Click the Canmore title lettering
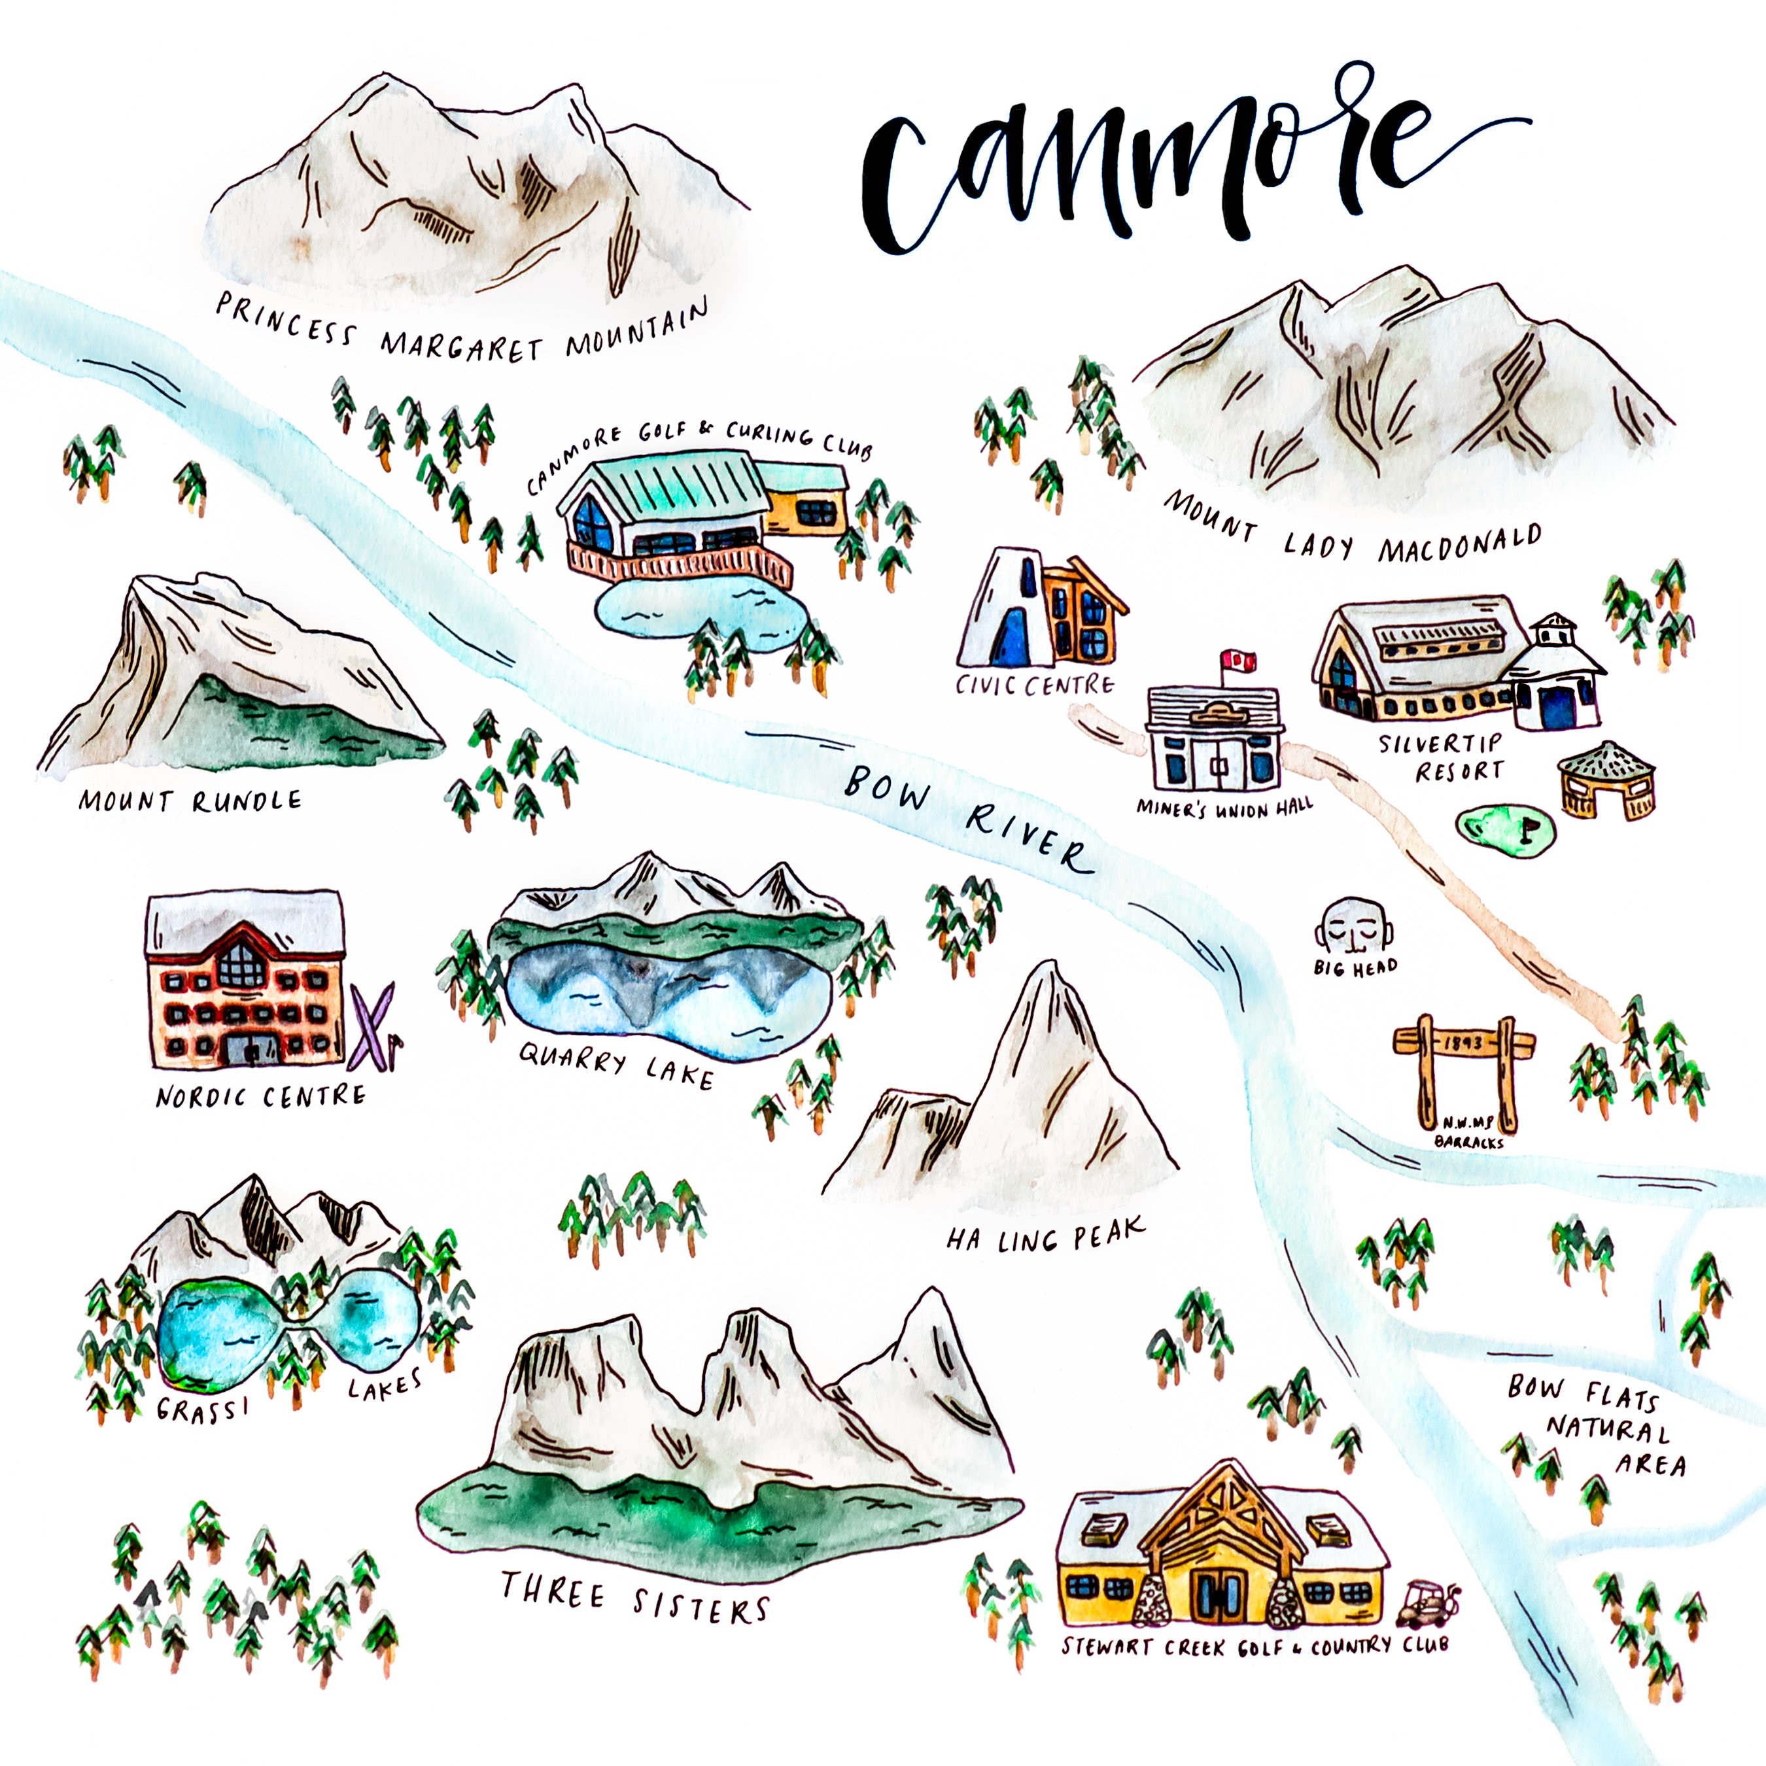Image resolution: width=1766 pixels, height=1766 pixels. click(1152, 165)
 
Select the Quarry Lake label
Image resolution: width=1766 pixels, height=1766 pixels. click(615, 1066)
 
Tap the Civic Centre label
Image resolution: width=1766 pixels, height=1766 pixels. click(1035, 685)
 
